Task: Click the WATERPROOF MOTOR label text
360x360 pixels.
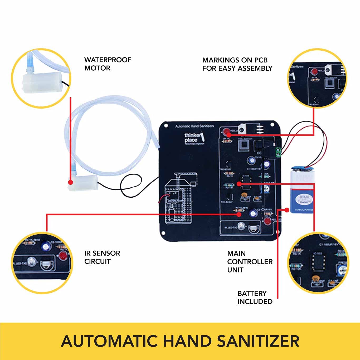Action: click(x=108, y=64)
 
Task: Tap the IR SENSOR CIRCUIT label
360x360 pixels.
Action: click(x=102, y=257)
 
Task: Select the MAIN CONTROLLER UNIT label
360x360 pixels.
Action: click(x=250, y=261)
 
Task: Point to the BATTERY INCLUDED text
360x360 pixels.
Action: click(x=255, y=297)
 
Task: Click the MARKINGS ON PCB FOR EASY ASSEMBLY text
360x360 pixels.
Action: click(x=237, y=64)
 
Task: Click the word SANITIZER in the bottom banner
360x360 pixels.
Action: click(x=258, y=341)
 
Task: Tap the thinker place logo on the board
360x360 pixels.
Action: click(x=194, y=138)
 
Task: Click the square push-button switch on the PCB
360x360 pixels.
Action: click(x=244, y=145)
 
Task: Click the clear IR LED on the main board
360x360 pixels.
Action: click(x=241, y=226)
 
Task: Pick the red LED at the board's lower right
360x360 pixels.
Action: click(x=267, y=221)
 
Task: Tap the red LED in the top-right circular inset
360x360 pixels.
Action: click(x=314, y=71)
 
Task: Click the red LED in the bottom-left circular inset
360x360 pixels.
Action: click(x=63, y=256)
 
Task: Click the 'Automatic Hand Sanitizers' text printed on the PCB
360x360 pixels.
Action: click(x=194, y=126)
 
